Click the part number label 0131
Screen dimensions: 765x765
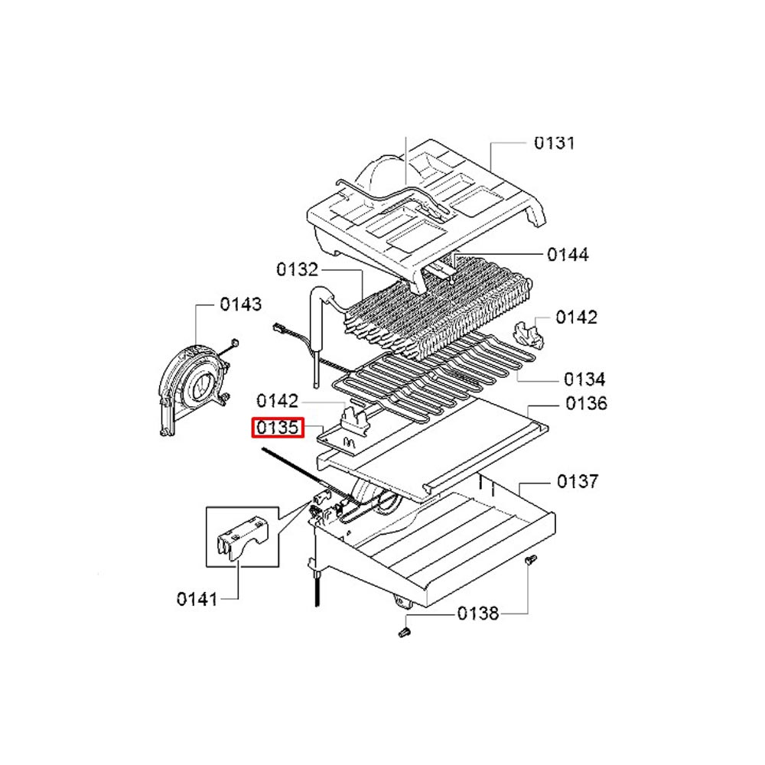(x=554, y=143)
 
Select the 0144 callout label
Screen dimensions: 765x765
(x=568, y=254)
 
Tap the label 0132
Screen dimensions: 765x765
(x=297, y=269)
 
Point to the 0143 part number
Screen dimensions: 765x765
(x=240, y=304)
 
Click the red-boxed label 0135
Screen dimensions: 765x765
(x=278, y=428)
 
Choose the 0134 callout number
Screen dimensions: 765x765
(x=584, y=379)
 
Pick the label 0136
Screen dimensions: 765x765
(x=587, y=403)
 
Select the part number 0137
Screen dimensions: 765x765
(x=577, y=481)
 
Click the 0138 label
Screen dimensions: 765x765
(x=478, y=614)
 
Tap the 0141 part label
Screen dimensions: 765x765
(x=197, y=599)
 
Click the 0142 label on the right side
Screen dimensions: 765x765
(x=576, y=317)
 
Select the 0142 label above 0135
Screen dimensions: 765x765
(x=277, y=401)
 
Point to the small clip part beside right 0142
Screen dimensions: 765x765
(x=528, y=335)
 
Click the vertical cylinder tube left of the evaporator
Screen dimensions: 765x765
(x=318, y=336)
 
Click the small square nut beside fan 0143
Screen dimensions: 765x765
(x=234, y=342)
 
